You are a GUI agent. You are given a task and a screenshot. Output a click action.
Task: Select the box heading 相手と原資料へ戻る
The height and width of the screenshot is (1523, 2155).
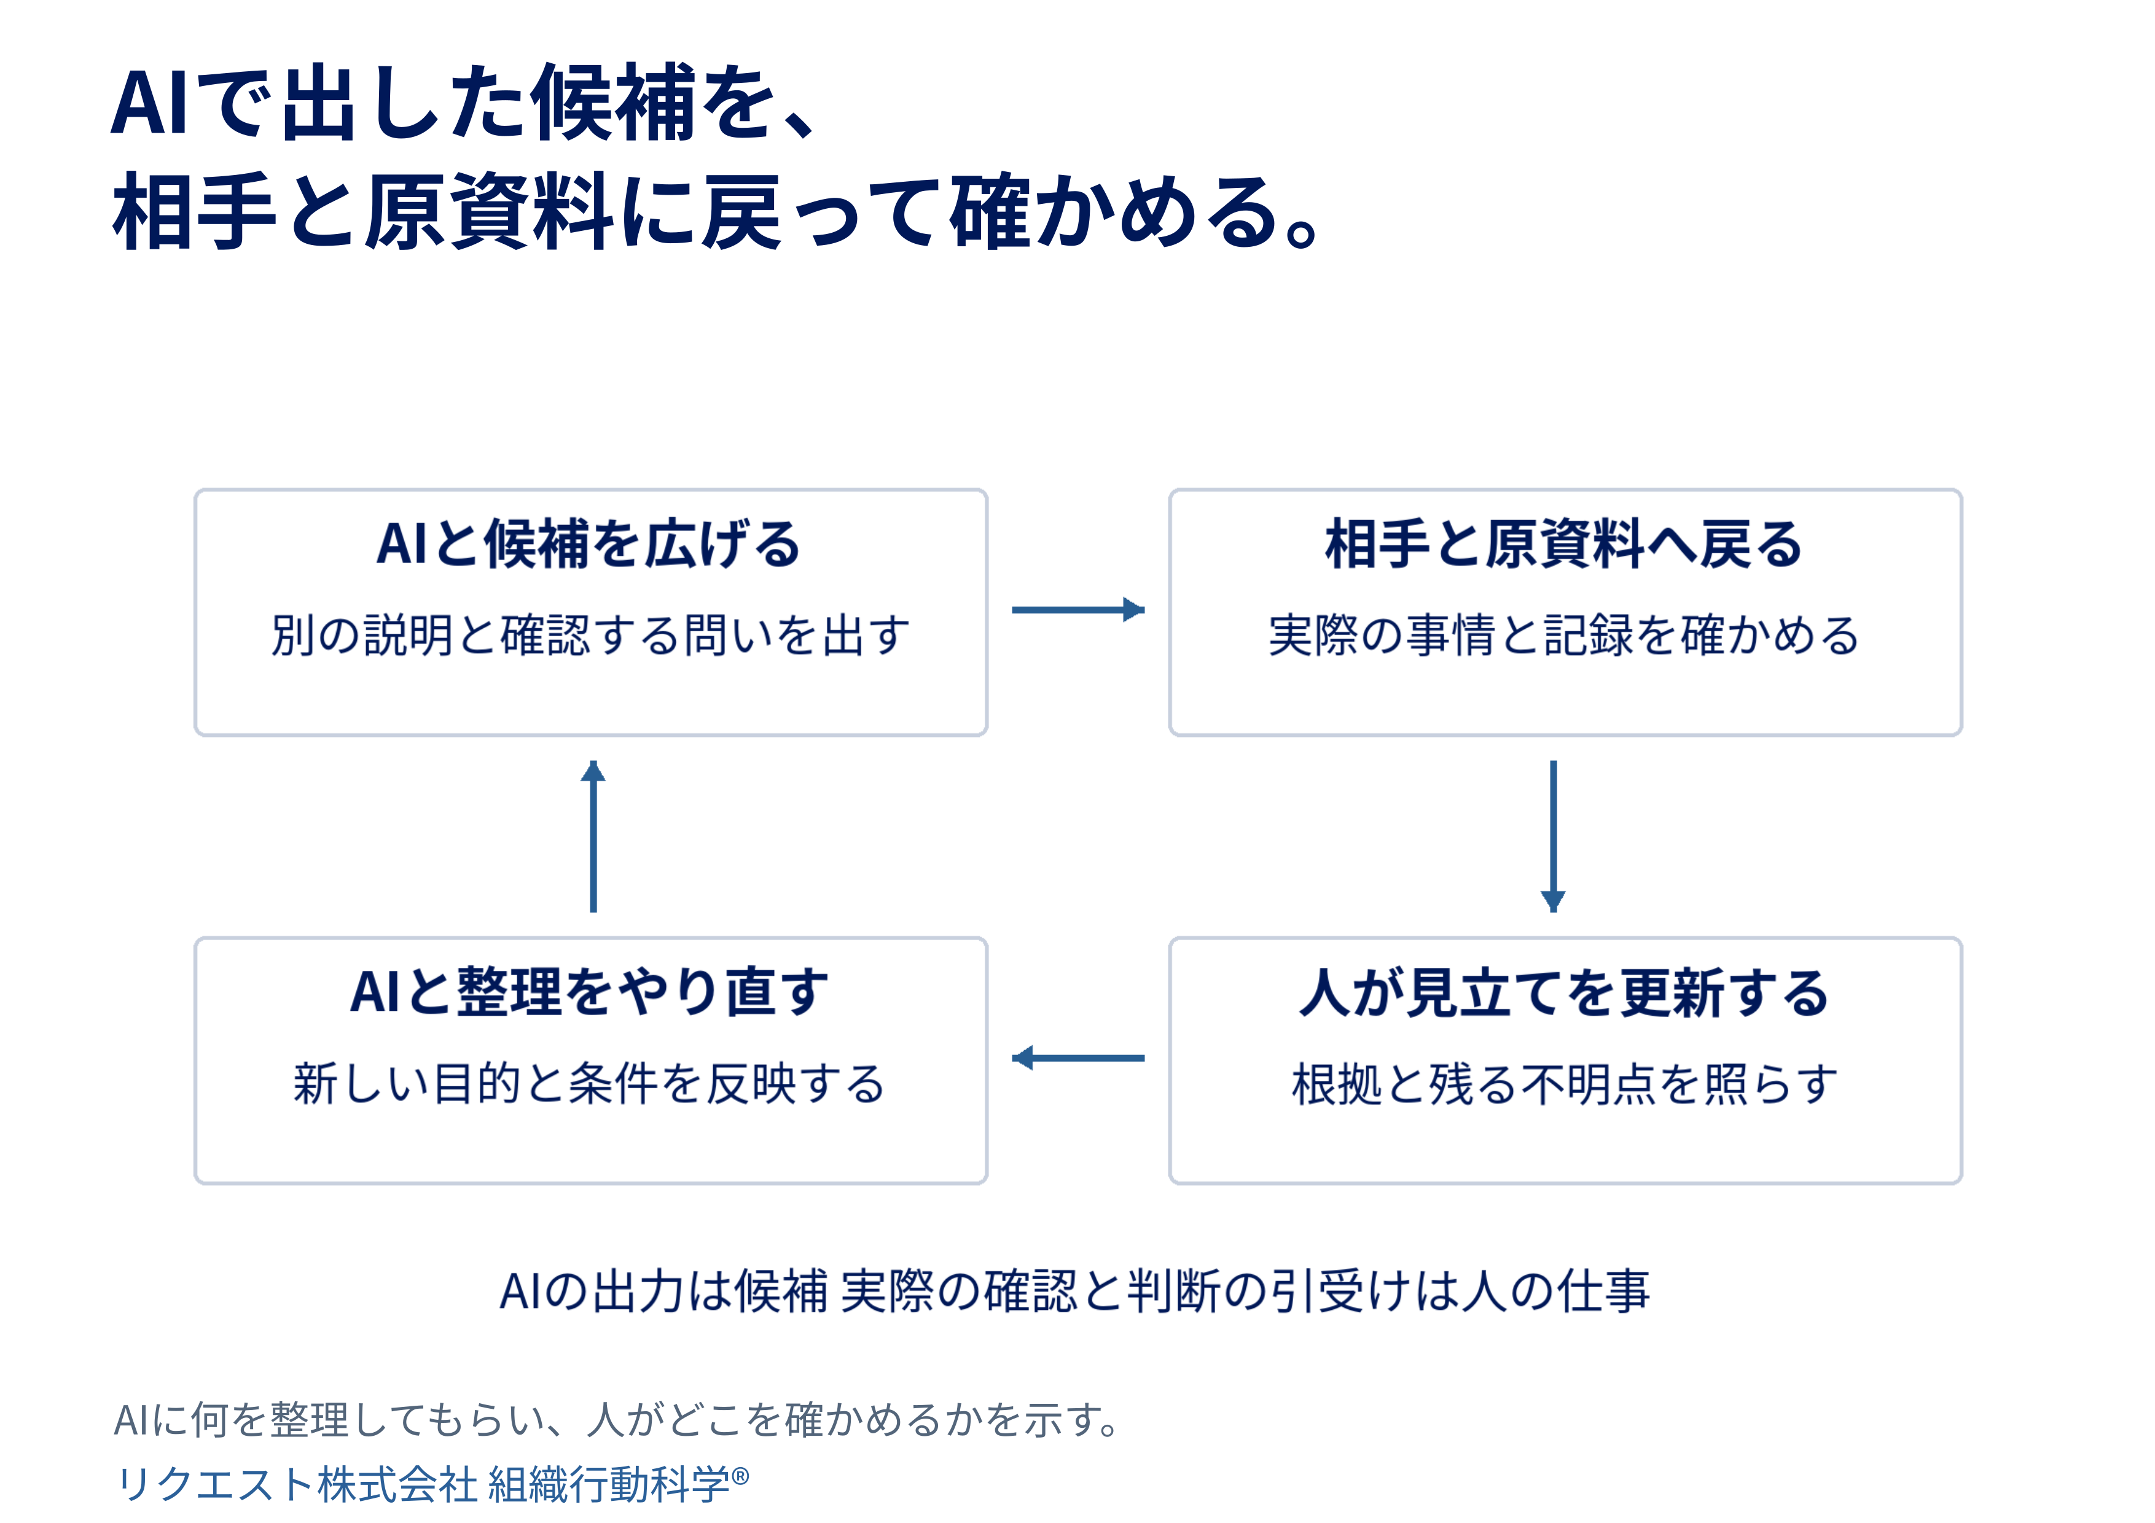tap(1563, 544)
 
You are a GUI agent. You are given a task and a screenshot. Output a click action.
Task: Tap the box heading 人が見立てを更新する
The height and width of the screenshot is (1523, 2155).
tap(1563, 993)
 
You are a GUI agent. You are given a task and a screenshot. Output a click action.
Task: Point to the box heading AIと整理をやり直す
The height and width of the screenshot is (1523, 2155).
tap(590, 993)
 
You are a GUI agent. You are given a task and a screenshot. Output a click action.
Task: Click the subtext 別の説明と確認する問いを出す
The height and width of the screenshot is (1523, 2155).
tap(590, 635)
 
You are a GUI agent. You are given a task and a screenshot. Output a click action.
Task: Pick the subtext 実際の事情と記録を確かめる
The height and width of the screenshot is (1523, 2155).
tap(1563, 635)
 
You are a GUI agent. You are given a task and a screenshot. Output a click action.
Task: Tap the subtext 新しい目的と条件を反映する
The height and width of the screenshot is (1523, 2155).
tap(590, 1084)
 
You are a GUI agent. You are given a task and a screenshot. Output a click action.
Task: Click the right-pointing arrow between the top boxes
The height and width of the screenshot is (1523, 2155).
tap(1077, 610)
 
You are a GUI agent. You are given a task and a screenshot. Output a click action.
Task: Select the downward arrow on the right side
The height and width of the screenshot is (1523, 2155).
tap(1554, 836)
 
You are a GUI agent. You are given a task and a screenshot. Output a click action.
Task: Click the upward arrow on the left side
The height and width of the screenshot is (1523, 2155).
tap(593, 836)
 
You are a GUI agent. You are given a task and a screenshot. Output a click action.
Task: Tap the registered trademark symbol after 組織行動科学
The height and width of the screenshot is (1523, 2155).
tap(740, 1476)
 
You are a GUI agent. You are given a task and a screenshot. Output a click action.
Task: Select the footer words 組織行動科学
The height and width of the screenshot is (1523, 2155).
tap(608, 1484)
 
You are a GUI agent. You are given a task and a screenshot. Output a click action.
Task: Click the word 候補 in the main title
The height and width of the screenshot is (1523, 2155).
tap(614, 103)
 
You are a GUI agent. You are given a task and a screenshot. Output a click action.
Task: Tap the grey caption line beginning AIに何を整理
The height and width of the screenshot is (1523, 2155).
tap(617, 1420)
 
